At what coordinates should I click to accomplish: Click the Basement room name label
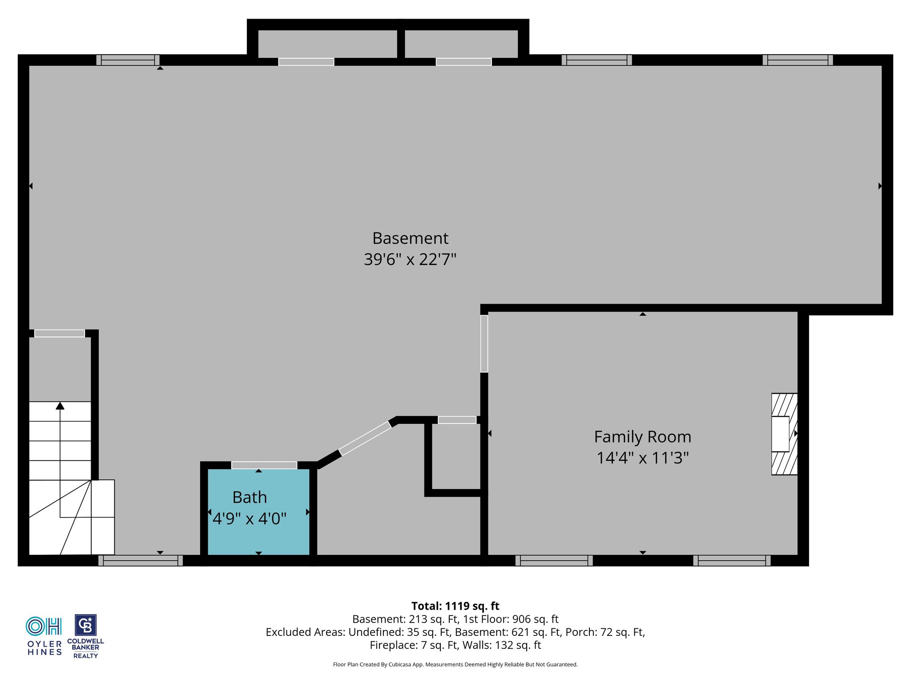[x=410, y=238]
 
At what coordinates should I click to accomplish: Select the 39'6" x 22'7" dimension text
[x=410, y=259]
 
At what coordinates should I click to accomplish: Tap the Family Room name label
[x=643, y=437]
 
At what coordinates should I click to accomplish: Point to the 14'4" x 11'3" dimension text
[x=643, y=458]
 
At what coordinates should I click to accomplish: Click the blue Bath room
[x=258, y=512]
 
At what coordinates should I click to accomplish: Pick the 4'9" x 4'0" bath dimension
[x=250, y=518]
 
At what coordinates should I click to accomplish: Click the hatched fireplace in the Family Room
[x=784, y=434]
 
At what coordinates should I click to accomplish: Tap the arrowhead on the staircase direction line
[x=60, y=406]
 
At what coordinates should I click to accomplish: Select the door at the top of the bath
[x=264, y=465]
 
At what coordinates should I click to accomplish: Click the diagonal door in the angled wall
[x=365, y=438]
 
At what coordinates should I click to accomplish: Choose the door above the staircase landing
[x=60, y=333]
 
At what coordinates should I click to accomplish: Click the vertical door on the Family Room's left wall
[x=484, y=344]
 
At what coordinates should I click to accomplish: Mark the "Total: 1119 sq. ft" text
[x=455, y=606]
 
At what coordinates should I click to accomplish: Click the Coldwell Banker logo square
[x=85, y=625]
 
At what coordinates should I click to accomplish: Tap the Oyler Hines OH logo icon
[x=44, y=626]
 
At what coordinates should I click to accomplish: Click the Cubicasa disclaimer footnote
[x=455, y=664]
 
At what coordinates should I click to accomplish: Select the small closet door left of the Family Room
[x=457, y=420]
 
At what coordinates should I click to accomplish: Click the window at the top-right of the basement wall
[x=798, y=60]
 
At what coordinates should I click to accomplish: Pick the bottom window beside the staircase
[x=141, y=560]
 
